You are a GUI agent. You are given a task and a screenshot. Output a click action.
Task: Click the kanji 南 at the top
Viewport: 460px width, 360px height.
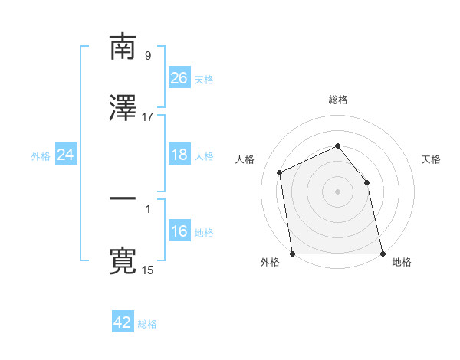point(123,47)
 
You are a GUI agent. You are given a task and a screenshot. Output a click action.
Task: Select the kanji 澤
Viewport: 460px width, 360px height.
point(123,108)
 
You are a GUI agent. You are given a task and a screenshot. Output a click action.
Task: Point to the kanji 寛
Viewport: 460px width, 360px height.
point(123,261)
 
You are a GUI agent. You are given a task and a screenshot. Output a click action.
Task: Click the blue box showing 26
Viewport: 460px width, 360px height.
point(179,78)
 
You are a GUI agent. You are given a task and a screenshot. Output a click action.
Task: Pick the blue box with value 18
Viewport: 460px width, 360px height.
point(179,155)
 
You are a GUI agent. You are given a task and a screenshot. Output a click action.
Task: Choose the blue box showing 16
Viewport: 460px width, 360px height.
point(179,231)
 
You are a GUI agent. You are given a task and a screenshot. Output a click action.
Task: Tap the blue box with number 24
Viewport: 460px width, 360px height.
point(65,155)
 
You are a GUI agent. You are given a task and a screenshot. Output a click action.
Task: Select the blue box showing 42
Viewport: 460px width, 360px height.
point(123,322)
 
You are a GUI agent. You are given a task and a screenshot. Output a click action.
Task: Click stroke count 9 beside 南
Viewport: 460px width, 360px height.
point(148,56)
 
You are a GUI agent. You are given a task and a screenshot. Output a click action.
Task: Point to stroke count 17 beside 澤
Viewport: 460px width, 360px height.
point(148,117)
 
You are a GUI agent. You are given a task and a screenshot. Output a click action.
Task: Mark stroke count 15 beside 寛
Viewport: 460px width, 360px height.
point(148,270)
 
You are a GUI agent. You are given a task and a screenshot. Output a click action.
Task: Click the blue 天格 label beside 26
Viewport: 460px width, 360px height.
point(204,79)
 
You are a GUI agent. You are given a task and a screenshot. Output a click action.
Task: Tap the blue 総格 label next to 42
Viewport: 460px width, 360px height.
point(147,323)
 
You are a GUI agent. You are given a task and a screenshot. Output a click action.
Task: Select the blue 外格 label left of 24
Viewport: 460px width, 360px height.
point(41,155)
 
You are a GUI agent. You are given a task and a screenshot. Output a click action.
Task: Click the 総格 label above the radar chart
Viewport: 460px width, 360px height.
point(337,100)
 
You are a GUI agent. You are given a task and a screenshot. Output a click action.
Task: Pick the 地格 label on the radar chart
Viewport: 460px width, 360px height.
point(402,262)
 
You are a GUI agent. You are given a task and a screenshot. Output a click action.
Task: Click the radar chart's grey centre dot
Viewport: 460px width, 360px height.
point(337,191)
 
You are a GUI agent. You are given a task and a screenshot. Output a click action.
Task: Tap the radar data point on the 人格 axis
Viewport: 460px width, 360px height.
point(280,172)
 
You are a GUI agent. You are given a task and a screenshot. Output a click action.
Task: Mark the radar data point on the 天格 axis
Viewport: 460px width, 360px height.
point(366,182)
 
